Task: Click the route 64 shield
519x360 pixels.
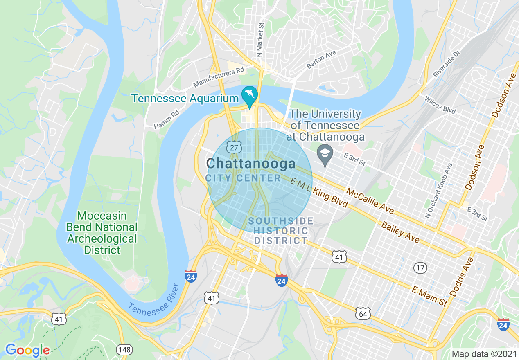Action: (363, 313)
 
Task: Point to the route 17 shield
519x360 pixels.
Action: (420, 268)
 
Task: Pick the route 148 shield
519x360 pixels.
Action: (124, 349)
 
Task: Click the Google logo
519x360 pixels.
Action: (27, 350)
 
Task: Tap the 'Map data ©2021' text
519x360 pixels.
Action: (484, 353)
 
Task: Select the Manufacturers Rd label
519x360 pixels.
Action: (219, 77)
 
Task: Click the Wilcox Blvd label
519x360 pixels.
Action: (440, 105)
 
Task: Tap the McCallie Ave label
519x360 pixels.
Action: (370, 200)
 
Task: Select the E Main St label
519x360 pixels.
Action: (430, 297)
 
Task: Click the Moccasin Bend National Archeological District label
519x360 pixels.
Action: (102, 233)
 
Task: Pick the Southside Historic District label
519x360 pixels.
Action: (281, 231)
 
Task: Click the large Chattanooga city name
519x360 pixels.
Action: (251, 164)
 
